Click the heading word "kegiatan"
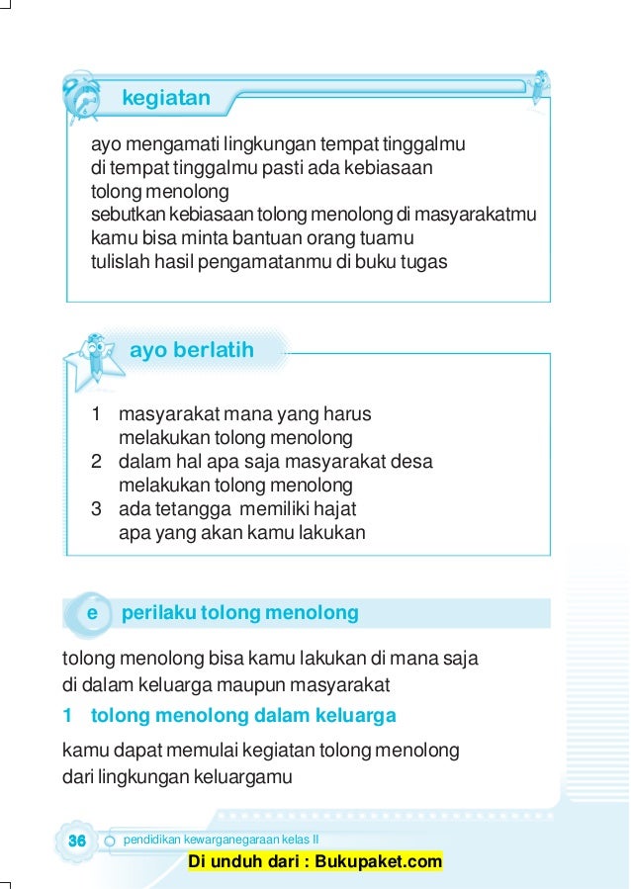point(166,98)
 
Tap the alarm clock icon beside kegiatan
point(80,96)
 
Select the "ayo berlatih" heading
point(192,350)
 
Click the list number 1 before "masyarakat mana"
point(97,414)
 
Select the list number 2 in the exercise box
point(97,462)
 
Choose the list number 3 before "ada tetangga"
point(97,509)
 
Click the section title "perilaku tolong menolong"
point(239,613)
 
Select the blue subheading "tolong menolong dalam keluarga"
point(243,715)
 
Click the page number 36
point(75,840)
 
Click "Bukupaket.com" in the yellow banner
point(381,862)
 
